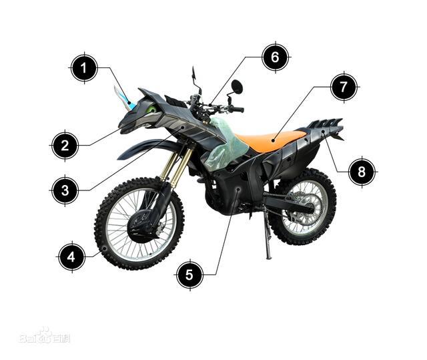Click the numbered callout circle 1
(84, 68)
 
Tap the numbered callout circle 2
(65, 146)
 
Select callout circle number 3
(65, 190)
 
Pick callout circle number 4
(72, 256)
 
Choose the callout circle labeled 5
(189, 275)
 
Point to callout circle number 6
(276, 57)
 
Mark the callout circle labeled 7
(344, 87)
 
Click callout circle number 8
(362, 172)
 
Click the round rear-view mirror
(237, 87)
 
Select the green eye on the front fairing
(151, 110)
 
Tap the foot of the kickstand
(268, 257)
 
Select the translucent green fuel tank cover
(226, 144)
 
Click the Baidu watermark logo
(45, 336)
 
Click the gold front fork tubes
(176, 164)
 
